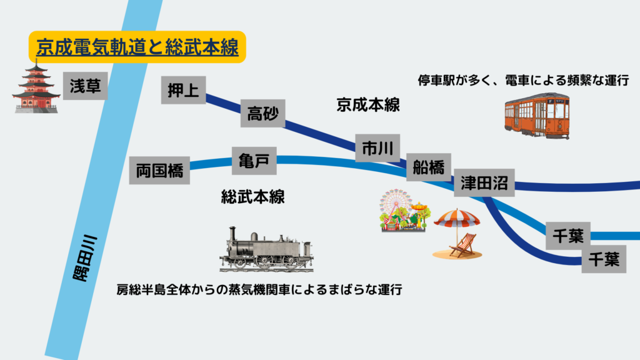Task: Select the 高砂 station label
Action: pyautogui.click(x=263, y=114)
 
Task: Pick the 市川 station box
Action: pyautogui.click(x=377, y=149)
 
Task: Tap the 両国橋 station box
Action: pyautogui.click(x=159, y=169)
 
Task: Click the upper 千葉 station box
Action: pyautogui.click(x=568, y=236)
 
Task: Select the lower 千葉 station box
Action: pyautogui.click(x=604, y=258)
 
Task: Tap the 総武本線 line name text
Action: pyautogui.click(x=253, y=197)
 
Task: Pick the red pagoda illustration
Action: pyautogui.click(x=36, y=87)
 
